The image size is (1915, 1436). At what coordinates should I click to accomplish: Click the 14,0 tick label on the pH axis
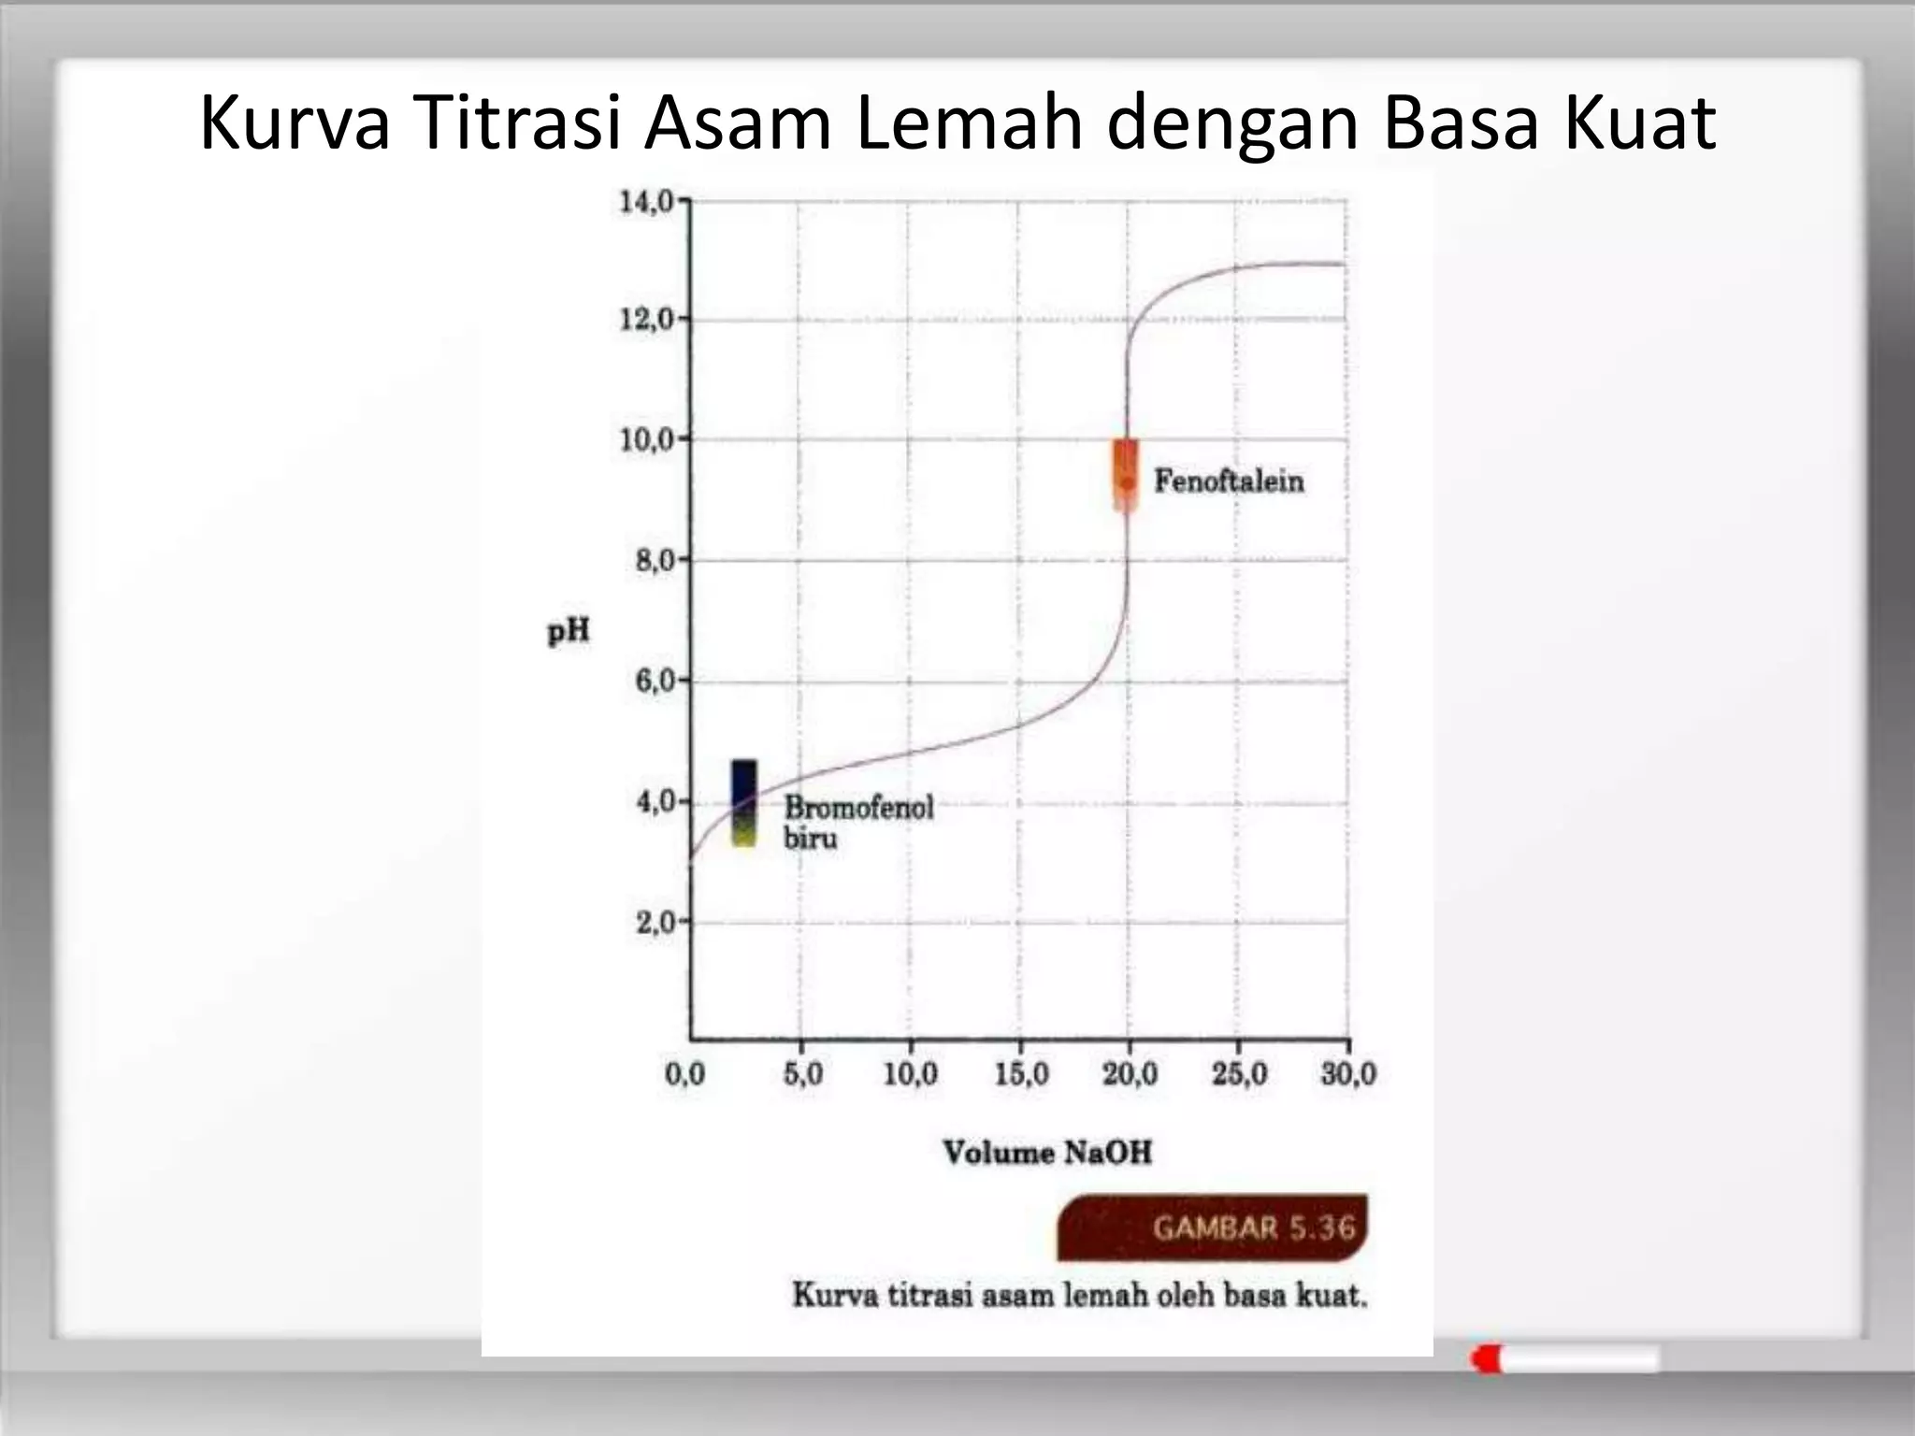click(x=646, y=201)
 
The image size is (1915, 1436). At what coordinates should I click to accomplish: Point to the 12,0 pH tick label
click(x=646, y=320)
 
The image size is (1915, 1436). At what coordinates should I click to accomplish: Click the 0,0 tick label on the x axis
click(x=684, y=1074)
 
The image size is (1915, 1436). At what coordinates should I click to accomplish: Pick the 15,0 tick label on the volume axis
click(x=1021, y=1074)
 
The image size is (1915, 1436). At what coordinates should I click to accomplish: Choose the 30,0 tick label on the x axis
click(x=1348, y=1074)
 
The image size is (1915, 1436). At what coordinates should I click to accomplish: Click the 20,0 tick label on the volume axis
click(x=1130, y=1074)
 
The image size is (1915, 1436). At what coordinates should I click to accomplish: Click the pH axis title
click(x=569, y=632)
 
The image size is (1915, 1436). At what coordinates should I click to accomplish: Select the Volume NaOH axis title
click(x=1047, y=1152)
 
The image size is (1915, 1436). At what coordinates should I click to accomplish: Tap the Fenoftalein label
click(x=1229, y=481)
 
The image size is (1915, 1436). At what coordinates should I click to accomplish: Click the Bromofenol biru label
click(x=858, y=822)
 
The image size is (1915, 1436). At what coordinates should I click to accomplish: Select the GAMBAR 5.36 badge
click(x=1213, y=1227)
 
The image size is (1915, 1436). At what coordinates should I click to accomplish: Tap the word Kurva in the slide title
click(x=295, y=123)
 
